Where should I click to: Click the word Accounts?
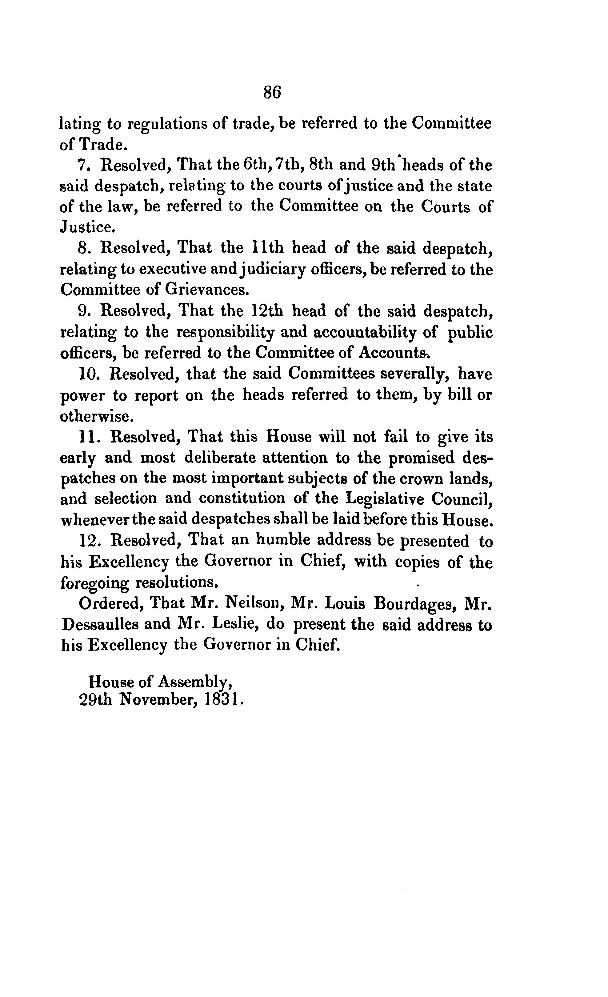click(394, 353)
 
